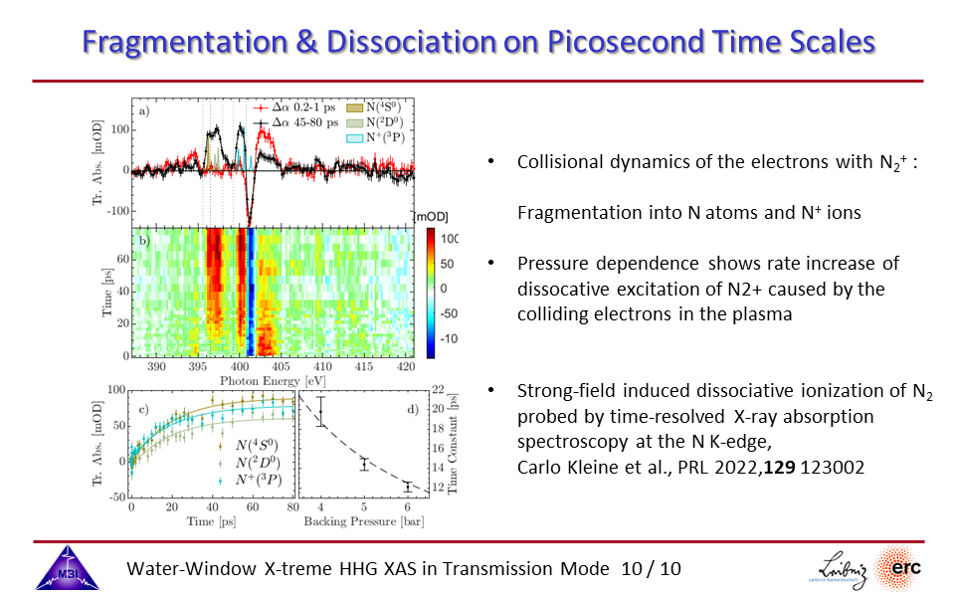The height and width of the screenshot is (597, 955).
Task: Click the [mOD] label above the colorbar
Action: pos(431,217)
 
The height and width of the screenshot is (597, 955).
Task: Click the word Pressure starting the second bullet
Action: pos(550,264)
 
